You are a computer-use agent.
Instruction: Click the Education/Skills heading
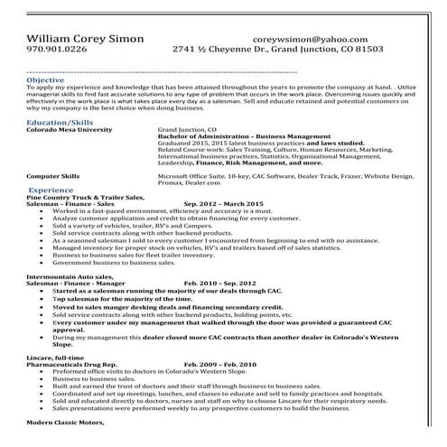click(x=60, y=120)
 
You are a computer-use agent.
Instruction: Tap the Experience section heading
click(x=51, y=191)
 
